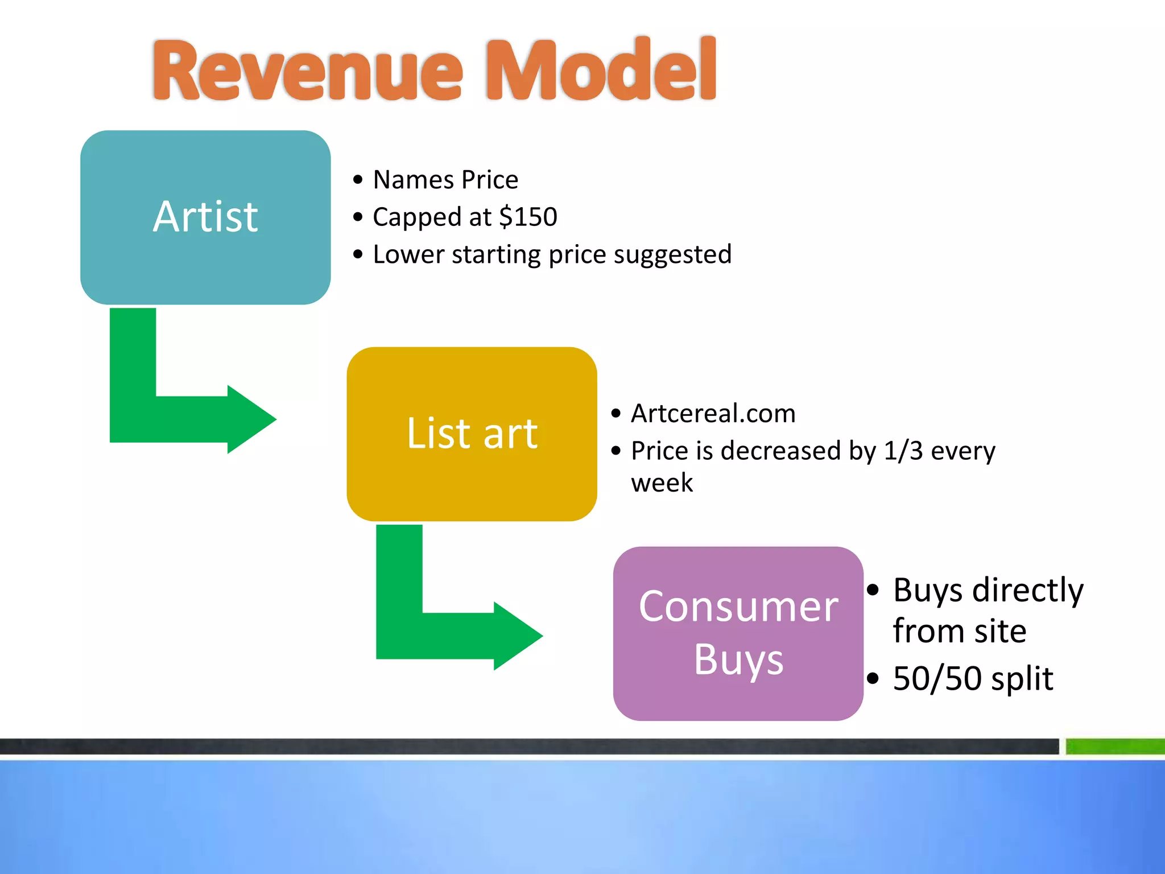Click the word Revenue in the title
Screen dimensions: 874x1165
pyautogui.click(x=307, y=71)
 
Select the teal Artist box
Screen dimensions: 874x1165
pyautogui.click(x=205, y=217)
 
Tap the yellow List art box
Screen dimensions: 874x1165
pyautogui.click(x=472, y=434)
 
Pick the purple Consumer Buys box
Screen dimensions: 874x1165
pyautogui.click(x=738, y=633)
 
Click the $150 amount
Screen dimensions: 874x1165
pyautogui.click(x=528, y=217)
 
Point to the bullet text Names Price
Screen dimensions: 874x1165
pyautogui.click(x=445, y=180)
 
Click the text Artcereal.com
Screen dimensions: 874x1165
pyautogui.click(x=713, y=413)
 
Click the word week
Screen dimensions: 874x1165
pyautogui.click(x=662, y=483)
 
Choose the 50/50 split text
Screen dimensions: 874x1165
pyautogui.click(x=973, y=678)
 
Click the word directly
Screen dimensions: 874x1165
pyautogui.click(x=1027, y=590)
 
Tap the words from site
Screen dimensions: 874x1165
pyautogui.click(x=959, y=631)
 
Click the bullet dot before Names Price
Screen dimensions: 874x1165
pyautogui.click(x=357, y=180)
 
